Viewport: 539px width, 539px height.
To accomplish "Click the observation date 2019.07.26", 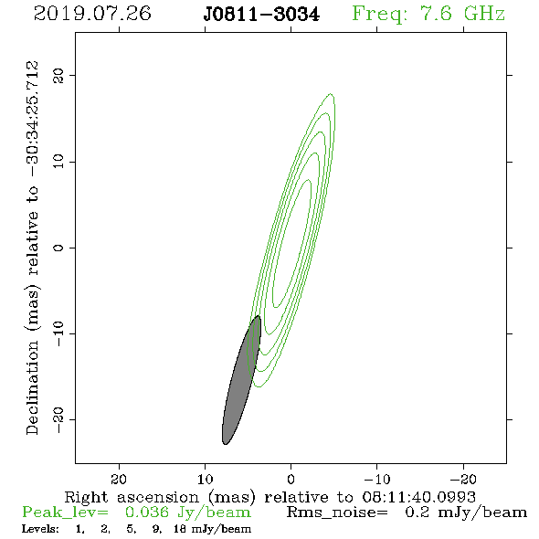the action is [92, 14].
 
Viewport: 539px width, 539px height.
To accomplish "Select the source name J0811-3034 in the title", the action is [261, 15].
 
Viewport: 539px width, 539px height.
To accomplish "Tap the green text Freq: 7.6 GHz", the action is [428, 14].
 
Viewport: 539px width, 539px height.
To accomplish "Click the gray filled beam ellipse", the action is [241, 380].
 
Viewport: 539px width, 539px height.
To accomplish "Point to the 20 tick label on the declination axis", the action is [58, 75].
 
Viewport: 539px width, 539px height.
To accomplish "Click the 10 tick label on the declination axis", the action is [58, 162].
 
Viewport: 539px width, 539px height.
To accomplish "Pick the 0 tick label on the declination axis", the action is [58, 248].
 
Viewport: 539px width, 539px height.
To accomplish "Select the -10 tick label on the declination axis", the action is [58, 333].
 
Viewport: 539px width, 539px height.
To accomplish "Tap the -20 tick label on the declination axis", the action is [58, 420].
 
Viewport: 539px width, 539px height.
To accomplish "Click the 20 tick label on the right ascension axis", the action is [119, 479].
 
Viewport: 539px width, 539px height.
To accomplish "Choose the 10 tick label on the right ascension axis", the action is [206, 479].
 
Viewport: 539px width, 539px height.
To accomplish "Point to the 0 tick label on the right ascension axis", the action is [291, 479].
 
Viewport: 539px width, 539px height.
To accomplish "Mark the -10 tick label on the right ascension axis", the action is [377, 479].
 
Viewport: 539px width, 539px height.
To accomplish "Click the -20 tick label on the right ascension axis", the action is [463, 479].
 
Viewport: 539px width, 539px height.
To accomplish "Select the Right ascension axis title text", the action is [270, 497].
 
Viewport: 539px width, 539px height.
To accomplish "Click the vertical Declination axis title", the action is [32, 248].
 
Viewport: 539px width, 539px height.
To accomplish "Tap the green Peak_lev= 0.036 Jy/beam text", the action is [136, 513].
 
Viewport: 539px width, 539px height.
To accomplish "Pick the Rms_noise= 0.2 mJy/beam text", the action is [407, 513].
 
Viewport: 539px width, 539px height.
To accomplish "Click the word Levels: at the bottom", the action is [40, 529].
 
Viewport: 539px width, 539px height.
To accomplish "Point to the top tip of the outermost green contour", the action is [331, 93].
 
